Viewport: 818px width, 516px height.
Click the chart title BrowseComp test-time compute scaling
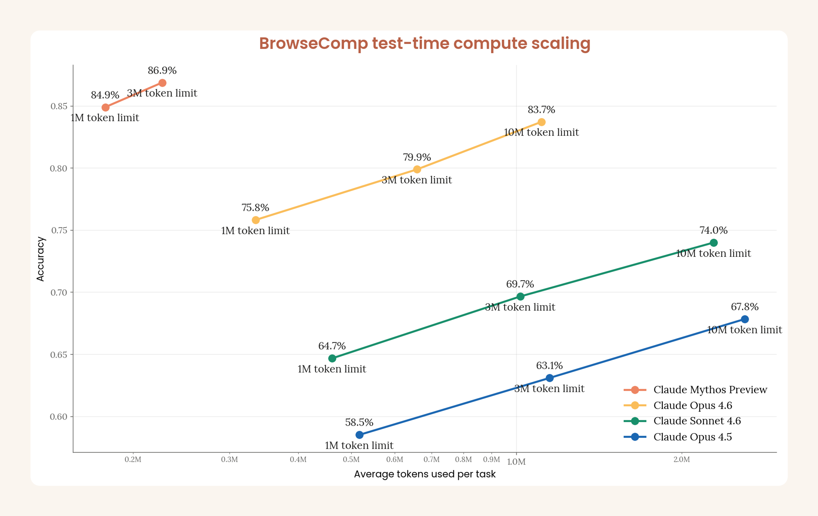425,43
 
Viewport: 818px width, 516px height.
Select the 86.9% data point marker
162,83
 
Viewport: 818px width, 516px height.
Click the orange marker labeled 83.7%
541,122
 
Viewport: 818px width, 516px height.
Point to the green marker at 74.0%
714,242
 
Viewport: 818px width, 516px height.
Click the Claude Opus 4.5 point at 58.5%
359,435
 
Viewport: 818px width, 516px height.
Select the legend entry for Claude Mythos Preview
710,390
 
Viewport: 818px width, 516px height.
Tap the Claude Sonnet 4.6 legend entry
697,421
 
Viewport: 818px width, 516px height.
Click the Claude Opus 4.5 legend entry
692,437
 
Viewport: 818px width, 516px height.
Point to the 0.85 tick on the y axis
59,106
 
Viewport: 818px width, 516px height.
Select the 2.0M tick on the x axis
681,460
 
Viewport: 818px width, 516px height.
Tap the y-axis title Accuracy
40,259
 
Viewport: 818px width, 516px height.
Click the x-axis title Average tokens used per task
425,474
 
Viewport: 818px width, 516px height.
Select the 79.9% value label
417,157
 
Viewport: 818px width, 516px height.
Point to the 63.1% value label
549,366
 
